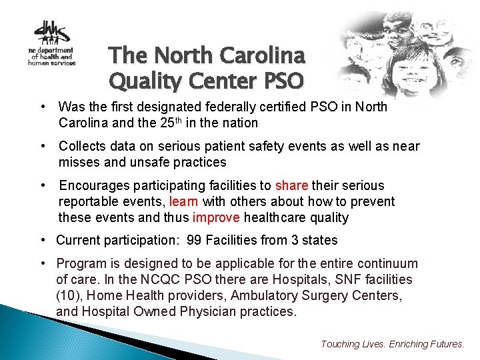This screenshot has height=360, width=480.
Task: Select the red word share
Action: [x=291, y=185]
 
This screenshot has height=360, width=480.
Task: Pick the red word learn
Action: [x=184, y=201]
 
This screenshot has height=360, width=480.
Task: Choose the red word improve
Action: [x=217, y=217]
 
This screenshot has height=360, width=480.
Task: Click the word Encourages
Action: [x=92, y=185]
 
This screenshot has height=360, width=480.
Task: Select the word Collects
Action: [x=81, y=147]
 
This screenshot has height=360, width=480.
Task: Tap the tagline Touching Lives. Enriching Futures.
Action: [x=393, y=344]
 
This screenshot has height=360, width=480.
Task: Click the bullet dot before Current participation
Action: [x=42, y=240]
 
